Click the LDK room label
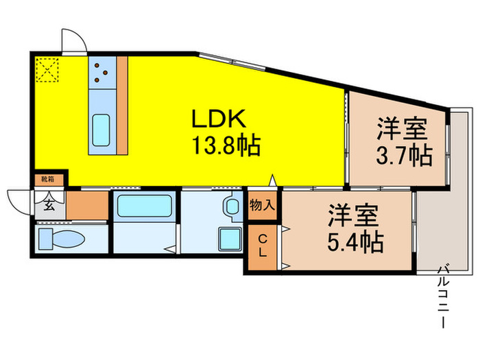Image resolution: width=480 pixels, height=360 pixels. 218,119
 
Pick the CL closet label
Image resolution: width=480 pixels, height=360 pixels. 263,245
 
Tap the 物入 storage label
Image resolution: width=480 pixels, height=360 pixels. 263,204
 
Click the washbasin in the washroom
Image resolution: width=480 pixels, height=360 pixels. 231,205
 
